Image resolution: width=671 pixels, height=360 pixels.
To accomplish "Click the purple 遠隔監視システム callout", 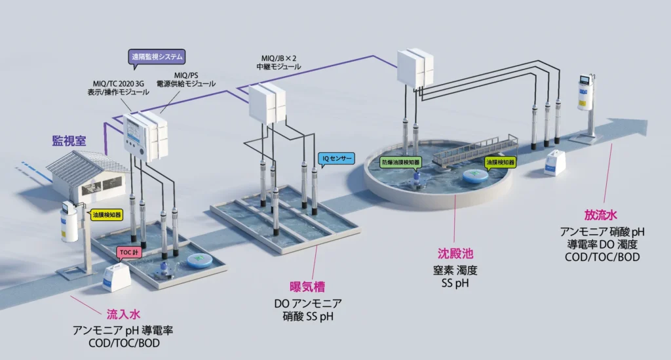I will pos(157,57).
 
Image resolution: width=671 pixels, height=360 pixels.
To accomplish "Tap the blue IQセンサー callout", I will pos(336,158).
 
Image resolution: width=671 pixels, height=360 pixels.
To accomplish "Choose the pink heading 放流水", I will pos(602,215).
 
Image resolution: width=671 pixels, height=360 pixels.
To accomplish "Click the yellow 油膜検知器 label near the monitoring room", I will pos(106,214).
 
